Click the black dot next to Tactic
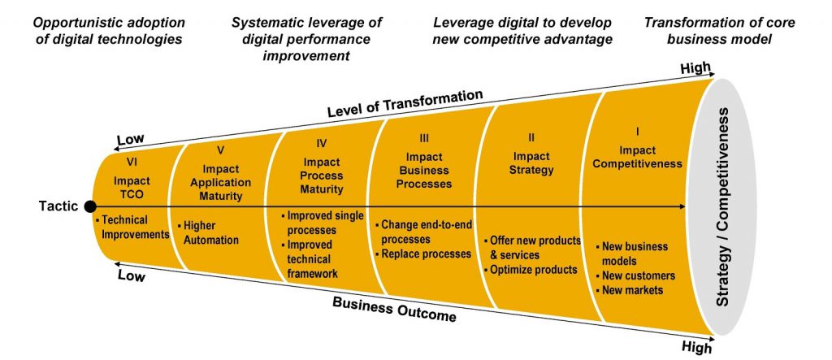90,206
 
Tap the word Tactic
58,206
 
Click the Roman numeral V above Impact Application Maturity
221,150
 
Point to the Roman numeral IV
321,143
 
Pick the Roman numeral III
424,138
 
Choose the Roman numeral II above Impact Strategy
531,138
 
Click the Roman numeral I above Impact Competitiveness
637,131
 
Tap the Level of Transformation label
405,103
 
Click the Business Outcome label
394,309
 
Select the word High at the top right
696,67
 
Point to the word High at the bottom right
695,348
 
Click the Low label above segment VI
131,140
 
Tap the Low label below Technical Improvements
131,275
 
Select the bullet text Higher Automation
208,232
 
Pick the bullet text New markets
630,290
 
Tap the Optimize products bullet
530,270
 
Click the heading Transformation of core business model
720,30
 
